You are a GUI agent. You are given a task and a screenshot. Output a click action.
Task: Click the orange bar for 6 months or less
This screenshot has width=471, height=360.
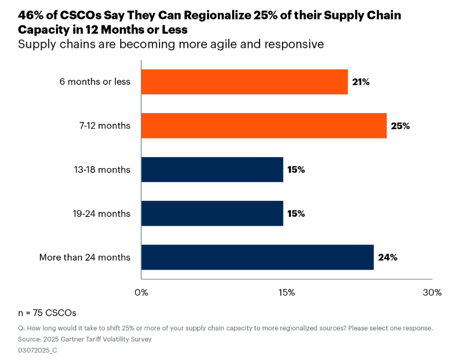pyautogui.click(x=244, y=82)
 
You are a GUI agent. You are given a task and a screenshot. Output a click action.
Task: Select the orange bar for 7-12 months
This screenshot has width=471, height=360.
pyautogui.click(x=264, y=125)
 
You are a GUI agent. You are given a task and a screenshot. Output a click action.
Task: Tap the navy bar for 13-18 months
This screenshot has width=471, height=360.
pyautogui.click(x=212, y=169)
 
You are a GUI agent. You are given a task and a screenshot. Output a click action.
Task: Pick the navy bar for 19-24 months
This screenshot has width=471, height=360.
pyautogui.click(x=212, y=214)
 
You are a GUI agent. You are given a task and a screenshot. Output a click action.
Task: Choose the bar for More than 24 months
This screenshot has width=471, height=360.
pyautogui.click(x=257, y=257)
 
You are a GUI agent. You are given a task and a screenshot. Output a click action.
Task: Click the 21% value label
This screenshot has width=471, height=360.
pyautogui.click(x=361, y=82)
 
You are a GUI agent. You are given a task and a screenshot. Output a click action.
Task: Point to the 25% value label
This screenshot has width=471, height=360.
pyautogui.click(x=400, y=126)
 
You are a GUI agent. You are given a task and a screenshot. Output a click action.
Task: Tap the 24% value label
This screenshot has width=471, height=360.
pyautogui.click(x=387, y=258)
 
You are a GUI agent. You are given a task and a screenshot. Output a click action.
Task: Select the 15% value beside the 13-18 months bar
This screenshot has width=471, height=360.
pyautogui.click(x=296, y=170)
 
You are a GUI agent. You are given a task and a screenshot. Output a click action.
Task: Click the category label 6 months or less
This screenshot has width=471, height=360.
pyautogui.click(x=95, y=82)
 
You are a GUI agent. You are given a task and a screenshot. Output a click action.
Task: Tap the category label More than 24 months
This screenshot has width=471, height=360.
pyautogui.click(x=85, y=257)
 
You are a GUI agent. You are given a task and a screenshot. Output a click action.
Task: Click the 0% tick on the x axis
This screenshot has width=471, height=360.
pyautogui.click(x=141, y=292)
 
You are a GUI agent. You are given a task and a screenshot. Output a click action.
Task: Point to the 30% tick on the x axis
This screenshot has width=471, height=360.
pyautogui.click(x=432, y=292)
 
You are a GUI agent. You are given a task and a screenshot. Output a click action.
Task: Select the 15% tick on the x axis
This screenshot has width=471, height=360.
pyautogui.click(x=286, y=292)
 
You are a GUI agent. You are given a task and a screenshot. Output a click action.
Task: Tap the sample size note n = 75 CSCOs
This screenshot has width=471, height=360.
pyautogui.click(x=47, y=312)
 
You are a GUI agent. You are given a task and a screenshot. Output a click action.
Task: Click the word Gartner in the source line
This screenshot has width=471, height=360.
pyautogui.click(x=70, y=339)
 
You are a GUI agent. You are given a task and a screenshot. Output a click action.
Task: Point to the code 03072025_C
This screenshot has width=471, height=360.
pyautogui.click(x=38, y=350)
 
